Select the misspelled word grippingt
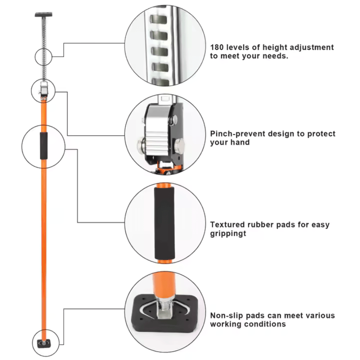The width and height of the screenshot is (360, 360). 228,234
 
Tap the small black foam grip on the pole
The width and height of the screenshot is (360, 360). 43,146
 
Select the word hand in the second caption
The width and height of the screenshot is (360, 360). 241,142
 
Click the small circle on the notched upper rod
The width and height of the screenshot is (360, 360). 43,57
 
